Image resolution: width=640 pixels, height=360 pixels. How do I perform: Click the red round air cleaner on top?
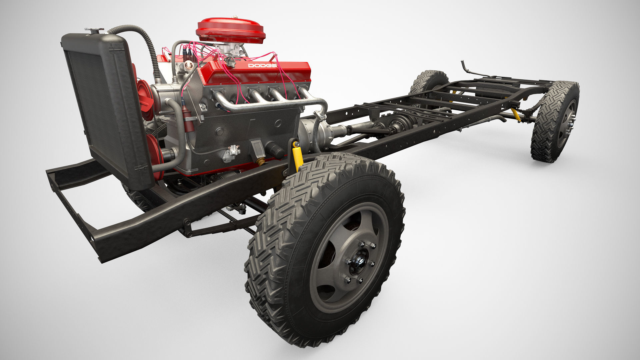[x=230, y=30]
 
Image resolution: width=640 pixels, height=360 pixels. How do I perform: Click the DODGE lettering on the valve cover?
[x=262, y=66]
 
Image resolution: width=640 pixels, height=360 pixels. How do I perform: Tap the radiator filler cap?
[x=94, y=31]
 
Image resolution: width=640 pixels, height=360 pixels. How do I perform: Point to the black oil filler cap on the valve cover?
[x=230, y=62]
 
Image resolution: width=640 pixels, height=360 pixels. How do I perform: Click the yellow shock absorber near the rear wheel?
[x=516, y=115]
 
